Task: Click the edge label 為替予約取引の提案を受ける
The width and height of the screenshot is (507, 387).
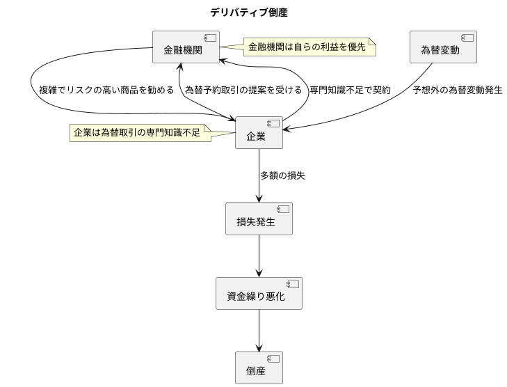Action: pyautogui.click(x=243, y=90)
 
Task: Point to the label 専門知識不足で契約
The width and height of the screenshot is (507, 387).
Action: pyautogui.click(x=350, y=90)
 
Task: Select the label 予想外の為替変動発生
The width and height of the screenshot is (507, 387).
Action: pyautogui.click(x=457, y=90)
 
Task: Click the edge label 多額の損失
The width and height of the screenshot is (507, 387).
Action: pyautogui.click(x=282, y=175)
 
